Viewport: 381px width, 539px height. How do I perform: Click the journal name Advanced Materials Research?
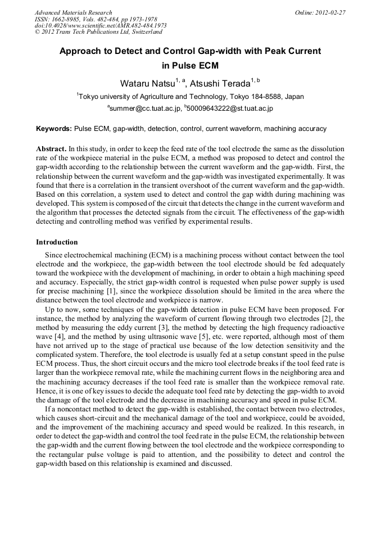(73, 12)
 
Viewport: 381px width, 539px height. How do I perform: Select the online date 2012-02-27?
(330, 12)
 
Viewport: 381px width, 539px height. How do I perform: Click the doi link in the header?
(101, 26)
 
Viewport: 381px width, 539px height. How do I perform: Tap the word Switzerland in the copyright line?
(144, 32)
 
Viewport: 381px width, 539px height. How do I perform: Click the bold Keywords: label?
(54, 129)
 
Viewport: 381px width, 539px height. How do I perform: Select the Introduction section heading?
(57, 242)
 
